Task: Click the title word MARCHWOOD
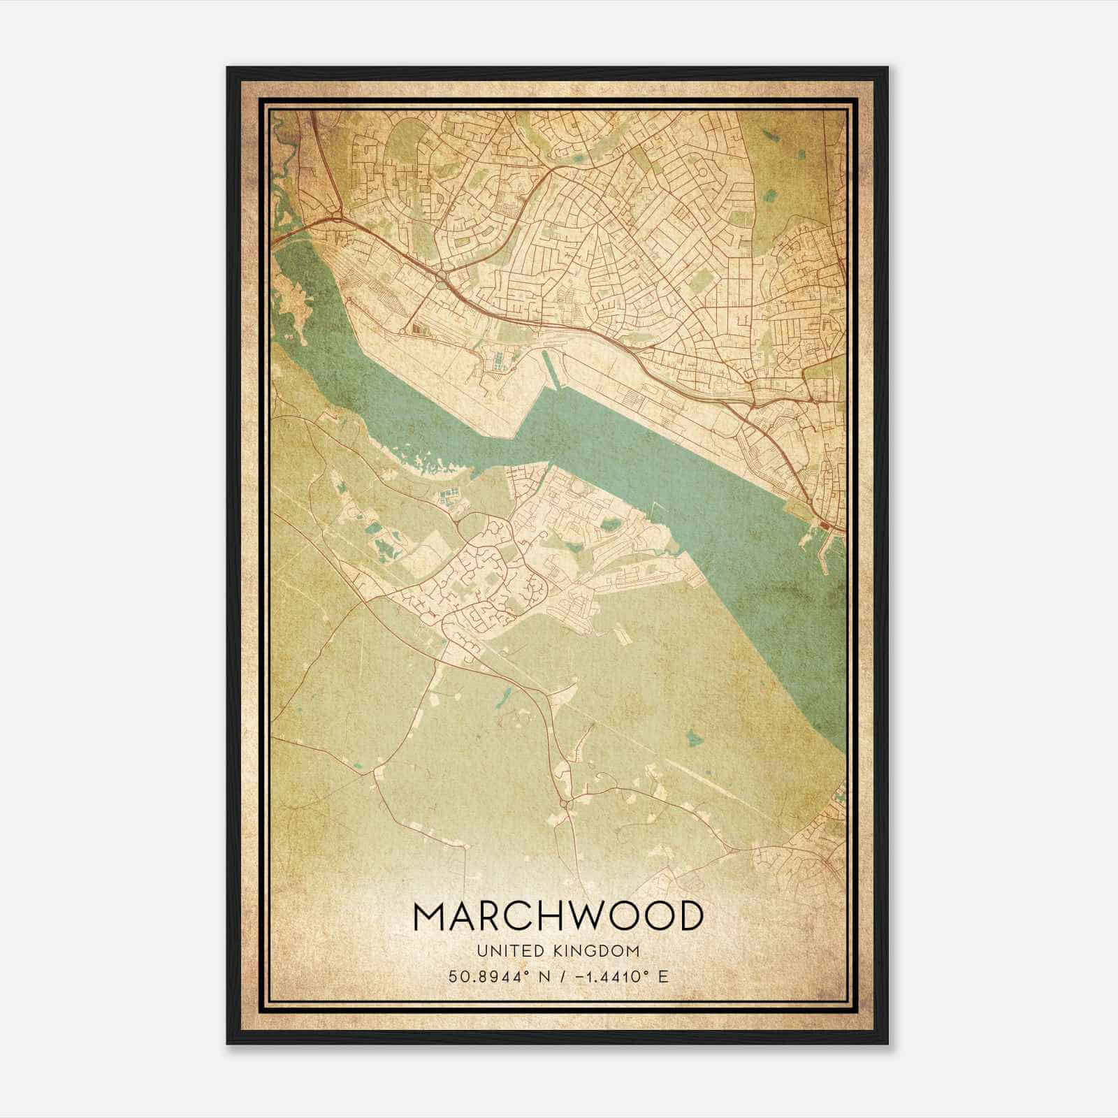click(x=558, y=915)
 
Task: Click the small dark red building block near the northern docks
click(x=417, y=328)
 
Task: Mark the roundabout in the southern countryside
click(x=566, y=804)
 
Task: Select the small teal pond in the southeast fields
click(x=694, y=736)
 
